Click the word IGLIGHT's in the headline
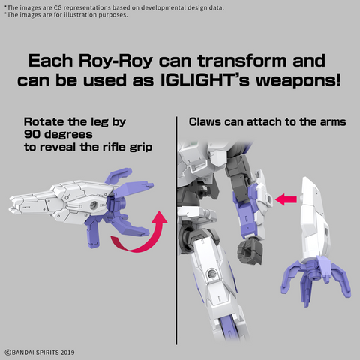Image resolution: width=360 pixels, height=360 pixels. (205, 80)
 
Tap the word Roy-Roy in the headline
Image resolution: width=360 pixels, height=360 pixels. (115, 61)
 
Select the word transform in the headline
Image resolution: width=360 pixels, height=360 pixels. (242, 61)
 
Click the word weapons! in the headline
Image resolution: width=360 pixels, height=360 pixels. (298, 80)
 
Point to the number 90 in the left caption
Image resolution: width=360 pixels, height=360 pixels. (32, 134)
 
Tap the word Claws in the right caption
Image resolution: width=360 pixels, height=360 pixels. (205, 122)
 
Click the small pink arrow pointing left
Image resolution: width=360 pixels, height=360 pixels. (286, 199)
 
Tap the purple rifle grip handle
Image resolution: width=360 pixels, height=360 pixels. (93, 234)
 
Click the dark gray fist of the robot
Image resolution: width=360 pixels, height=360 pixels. (250, 250)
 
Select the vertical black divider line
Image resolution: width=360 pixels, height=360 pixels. (176, 230)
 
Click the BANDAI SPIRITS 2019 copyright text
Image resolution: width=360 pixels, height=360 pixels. (40, 352)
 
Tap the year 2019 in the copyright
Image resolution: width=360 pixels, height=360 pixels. (67, 352)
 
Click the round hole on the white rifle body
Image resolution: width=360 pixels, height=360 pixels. (94, 205)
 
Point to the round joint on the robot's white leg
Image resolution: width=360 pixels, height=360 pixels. (211, 274)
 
